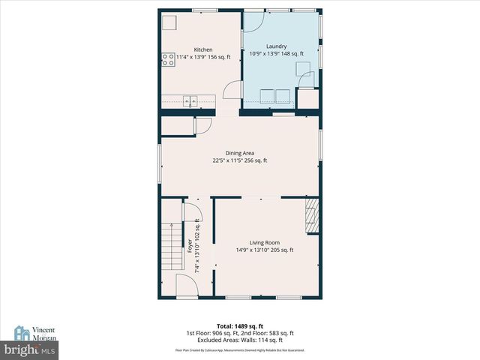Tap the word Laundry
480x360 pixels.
[x=277, y=46]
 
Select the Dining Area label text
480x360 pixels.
[x=240, y=153]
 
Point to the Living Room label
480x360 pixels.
[x=265, y=242]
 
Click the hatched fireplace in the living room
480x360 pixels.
[x=311, y=217]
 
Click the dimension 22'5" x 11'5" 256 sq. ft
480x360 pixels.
[x=240, y=160]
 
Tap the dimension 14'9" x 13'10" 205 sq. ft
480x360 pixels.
[x=265, y=250]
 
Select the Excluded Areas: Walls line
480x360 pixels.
[x=240, y=339]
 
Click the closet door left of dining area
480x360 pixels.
[x=201, y=126]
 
